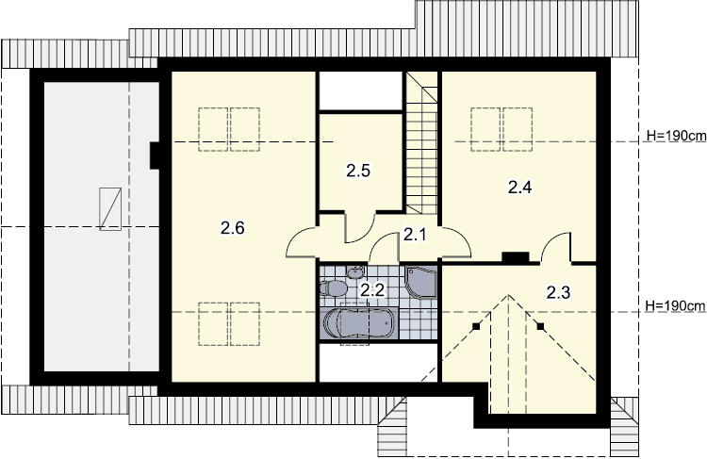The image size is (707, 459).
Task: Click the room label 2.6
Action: coord(232,228)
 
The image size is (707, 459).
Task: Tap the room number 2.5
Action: coord(358,171)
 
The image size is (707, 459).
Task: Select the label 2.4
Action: coord(519,187)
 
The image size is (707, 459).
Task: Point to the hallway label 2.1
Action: coord(415,235)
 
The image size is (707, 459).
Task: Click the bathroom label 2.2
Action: coord(372,290)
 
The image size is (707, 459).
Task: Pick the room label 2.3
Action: coord(558,292)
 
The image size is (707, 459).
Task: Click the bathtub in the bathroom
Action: coord(359,323)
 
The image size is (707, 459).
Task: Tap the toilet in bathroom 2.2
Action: coord(333,287)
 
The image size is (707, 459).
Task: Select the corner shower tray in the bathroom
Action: coord(421,282)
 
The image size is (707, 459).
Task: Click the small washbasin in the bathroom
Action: coord(355,272)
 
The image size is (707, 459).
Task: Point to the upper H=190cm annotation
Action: coord(676,136)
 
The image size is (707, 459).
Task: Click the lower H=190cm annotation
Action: coord(676,306)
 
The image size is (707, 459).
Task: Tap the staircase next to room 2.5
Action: coord(421,142)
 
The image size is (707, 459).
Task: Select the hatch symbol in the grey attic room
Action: coord(110,209)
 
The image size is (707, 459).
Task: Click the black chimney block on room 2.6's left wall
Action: coord(155,156)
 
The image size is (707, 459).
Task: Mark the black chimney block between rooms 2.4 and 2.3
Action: coord(516,257)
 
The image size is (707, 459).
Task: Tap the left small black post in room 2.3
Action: coord(475,327)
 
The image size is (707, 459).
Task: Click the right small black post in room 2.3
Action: coord(541,326)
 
